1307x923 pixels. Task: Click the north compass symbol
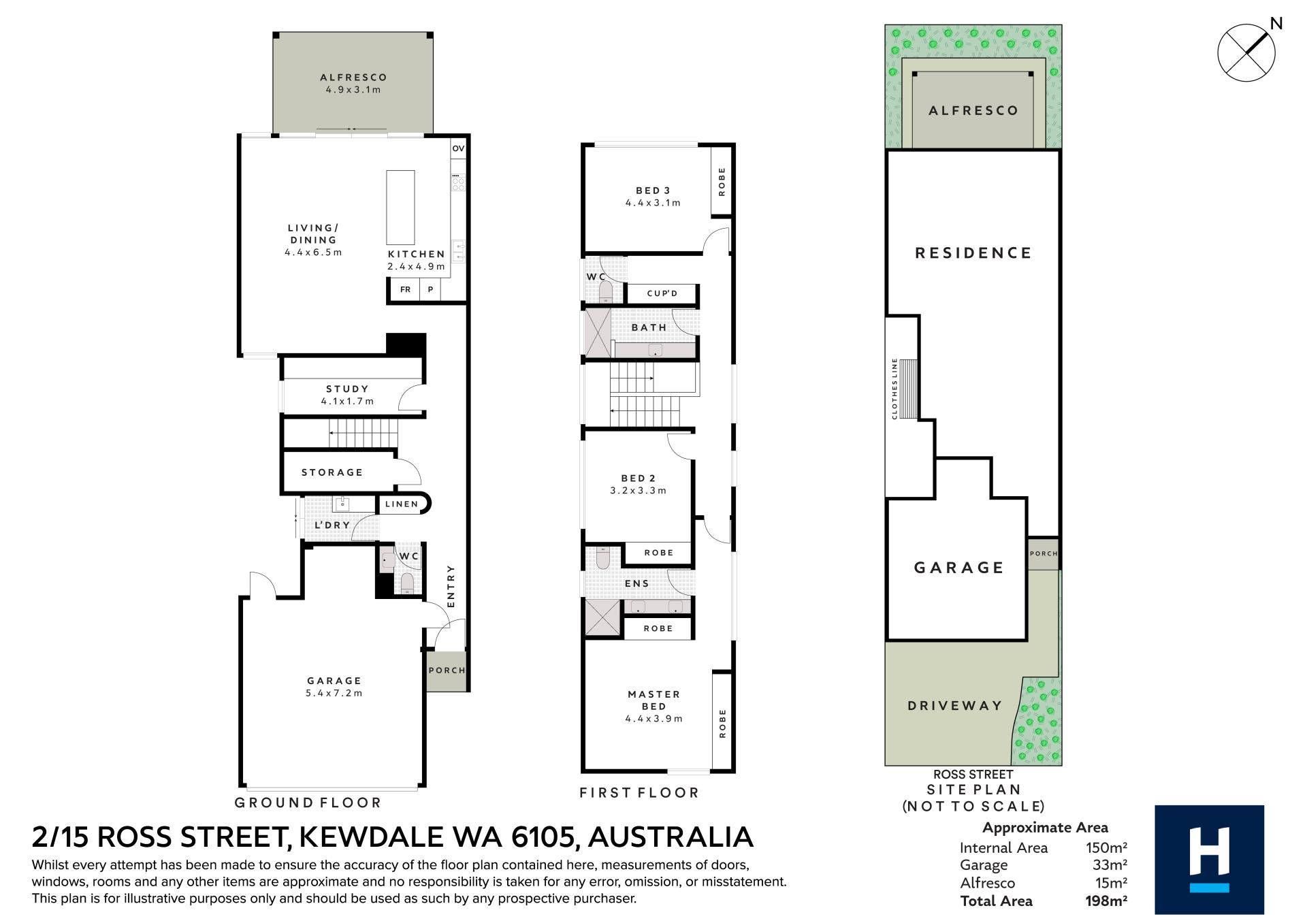tap(1246, 52)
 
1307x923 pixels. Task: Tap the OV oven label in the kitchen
tap(458, 148)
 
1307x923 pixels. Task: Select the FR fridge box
tap(405, 289)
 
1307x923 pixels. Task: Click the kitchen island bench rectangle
tap(400, 207)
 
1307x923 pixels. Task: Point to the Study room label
tap(347, 389)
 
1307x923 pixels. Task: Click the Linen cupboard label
tap(402, 504)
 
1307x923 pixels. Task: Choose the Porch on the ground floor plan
tap(447, 670)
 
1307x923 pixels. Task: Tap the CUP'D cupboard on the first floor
tap(662, 293)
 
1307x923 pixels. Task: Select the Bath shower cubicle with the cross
tap(598, 333)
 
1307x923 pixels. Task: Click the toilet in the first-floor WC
tap(605, 292)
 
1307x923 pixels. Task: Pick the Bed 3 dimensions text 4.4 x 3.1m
tap(653, 203)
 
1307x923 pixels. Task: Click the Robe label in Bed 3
tap(722, 182)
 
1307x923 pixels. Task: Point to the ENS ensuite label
tap(637, 583)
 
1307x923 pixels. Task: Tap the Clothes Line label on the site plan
tap(894, 389)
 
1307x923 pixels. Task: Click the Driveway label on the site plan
tap(955, 706)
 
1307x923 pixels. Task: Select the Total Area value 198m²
tap(1106, 901)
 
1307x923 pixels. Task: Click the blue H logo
tap(1210, 860)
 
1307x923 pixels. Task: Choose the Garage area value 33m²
tap(1110, 865)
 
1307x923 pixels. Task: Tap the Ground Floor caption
tap(308, 803)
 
